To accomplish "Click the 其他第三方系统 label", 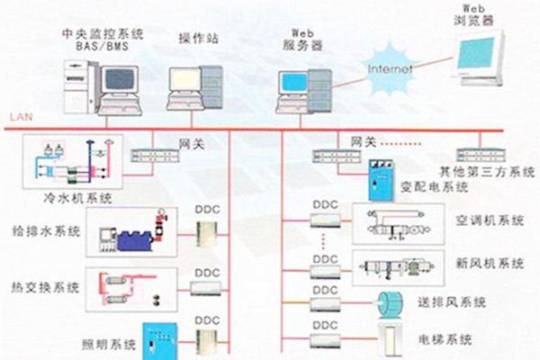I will click(487, 171).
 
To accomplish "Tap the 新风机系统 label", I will click(491, 265).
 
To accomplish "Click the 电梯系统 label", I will click(447, 339).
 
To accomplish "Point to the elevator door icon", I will click(388, 337).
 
